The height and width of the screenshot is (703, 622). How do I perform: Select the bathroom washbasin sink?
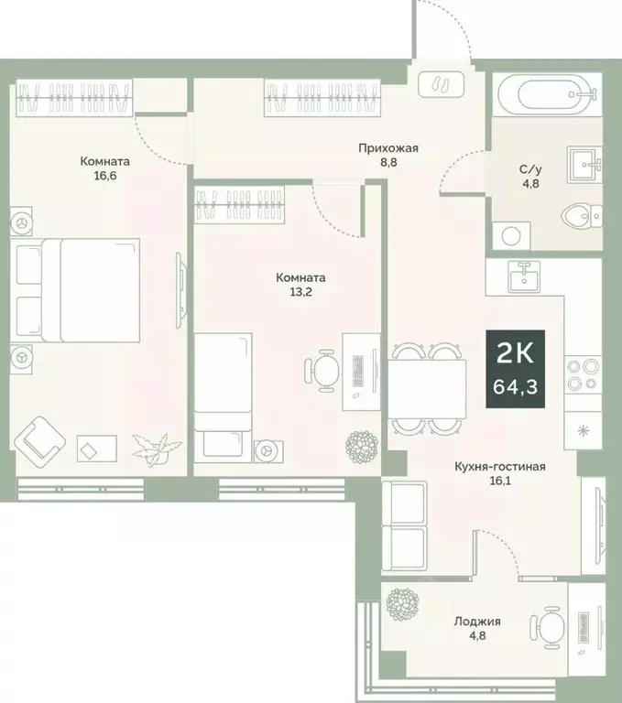584,164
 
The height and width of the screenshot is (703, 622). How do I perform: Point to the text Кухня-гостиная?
500,466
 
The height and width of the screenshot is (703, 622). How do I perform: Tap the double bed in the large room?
78,287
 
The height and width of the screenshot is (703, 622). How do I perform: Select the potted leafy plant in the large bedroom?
150,448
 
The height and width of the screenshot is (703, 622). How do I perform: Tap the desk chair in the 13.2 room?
321,370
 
